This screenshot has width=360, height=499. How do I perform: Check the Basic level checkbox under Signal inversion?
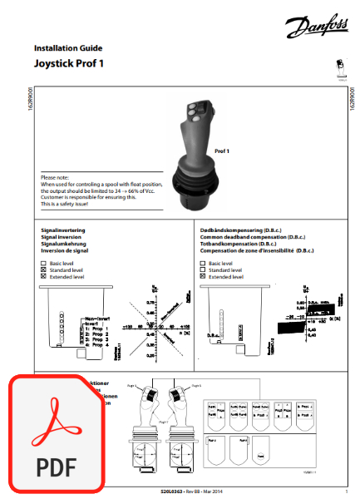pos(43,264)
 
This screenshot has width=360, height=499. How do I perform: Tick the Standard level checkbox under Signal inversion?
pos(43,270)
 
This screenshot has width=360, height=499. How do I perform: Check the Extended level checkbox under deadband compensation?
pos(204,277)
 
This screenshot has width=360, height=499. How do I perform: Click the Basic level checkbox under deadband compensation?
pos(204,264)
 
